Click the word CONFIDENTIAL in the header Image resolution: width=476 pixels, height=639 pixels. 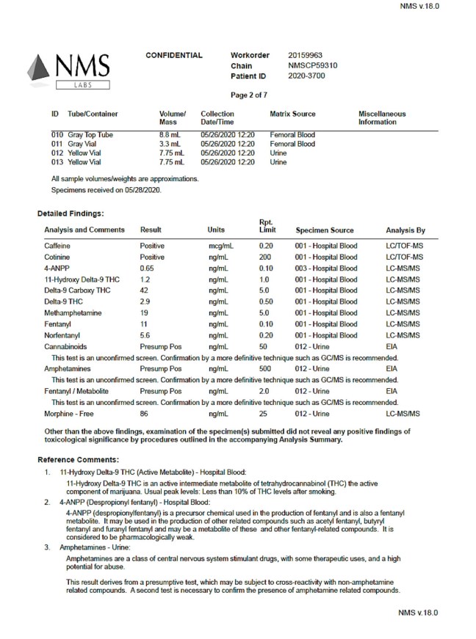pos(174,56)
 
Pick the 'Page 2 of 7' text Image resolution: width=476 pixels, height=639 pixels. pos(250,95)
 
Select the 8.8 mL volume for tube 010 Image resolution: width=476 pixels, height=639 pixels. pos(170,136)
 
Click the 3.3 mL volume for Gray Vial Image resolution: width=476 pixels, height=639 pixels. pos(170,145)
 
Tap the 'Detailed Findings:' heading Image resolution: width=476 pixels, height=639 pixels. pos(71,213)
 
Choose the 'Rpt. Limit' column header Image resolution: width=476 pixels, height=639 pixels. pos(268,226)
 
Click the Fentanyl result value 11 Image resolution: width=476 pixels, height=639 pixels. pos(145,324)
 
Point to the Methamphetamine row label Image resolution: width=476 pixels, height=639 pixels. pos(72,313)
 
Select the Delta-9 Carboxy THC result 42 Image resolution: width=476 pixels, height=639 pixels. pos(145,291)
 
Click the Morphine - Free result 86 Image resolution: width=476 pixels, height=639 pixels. pos(145,415)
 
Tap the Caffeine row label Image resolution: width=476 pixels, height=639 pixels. pos(57,246)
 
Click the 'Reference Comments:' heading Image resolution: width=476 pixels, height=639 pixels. pos(75,459)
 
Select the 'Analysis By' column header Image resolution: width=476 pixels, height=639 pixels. pos(405,230)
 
